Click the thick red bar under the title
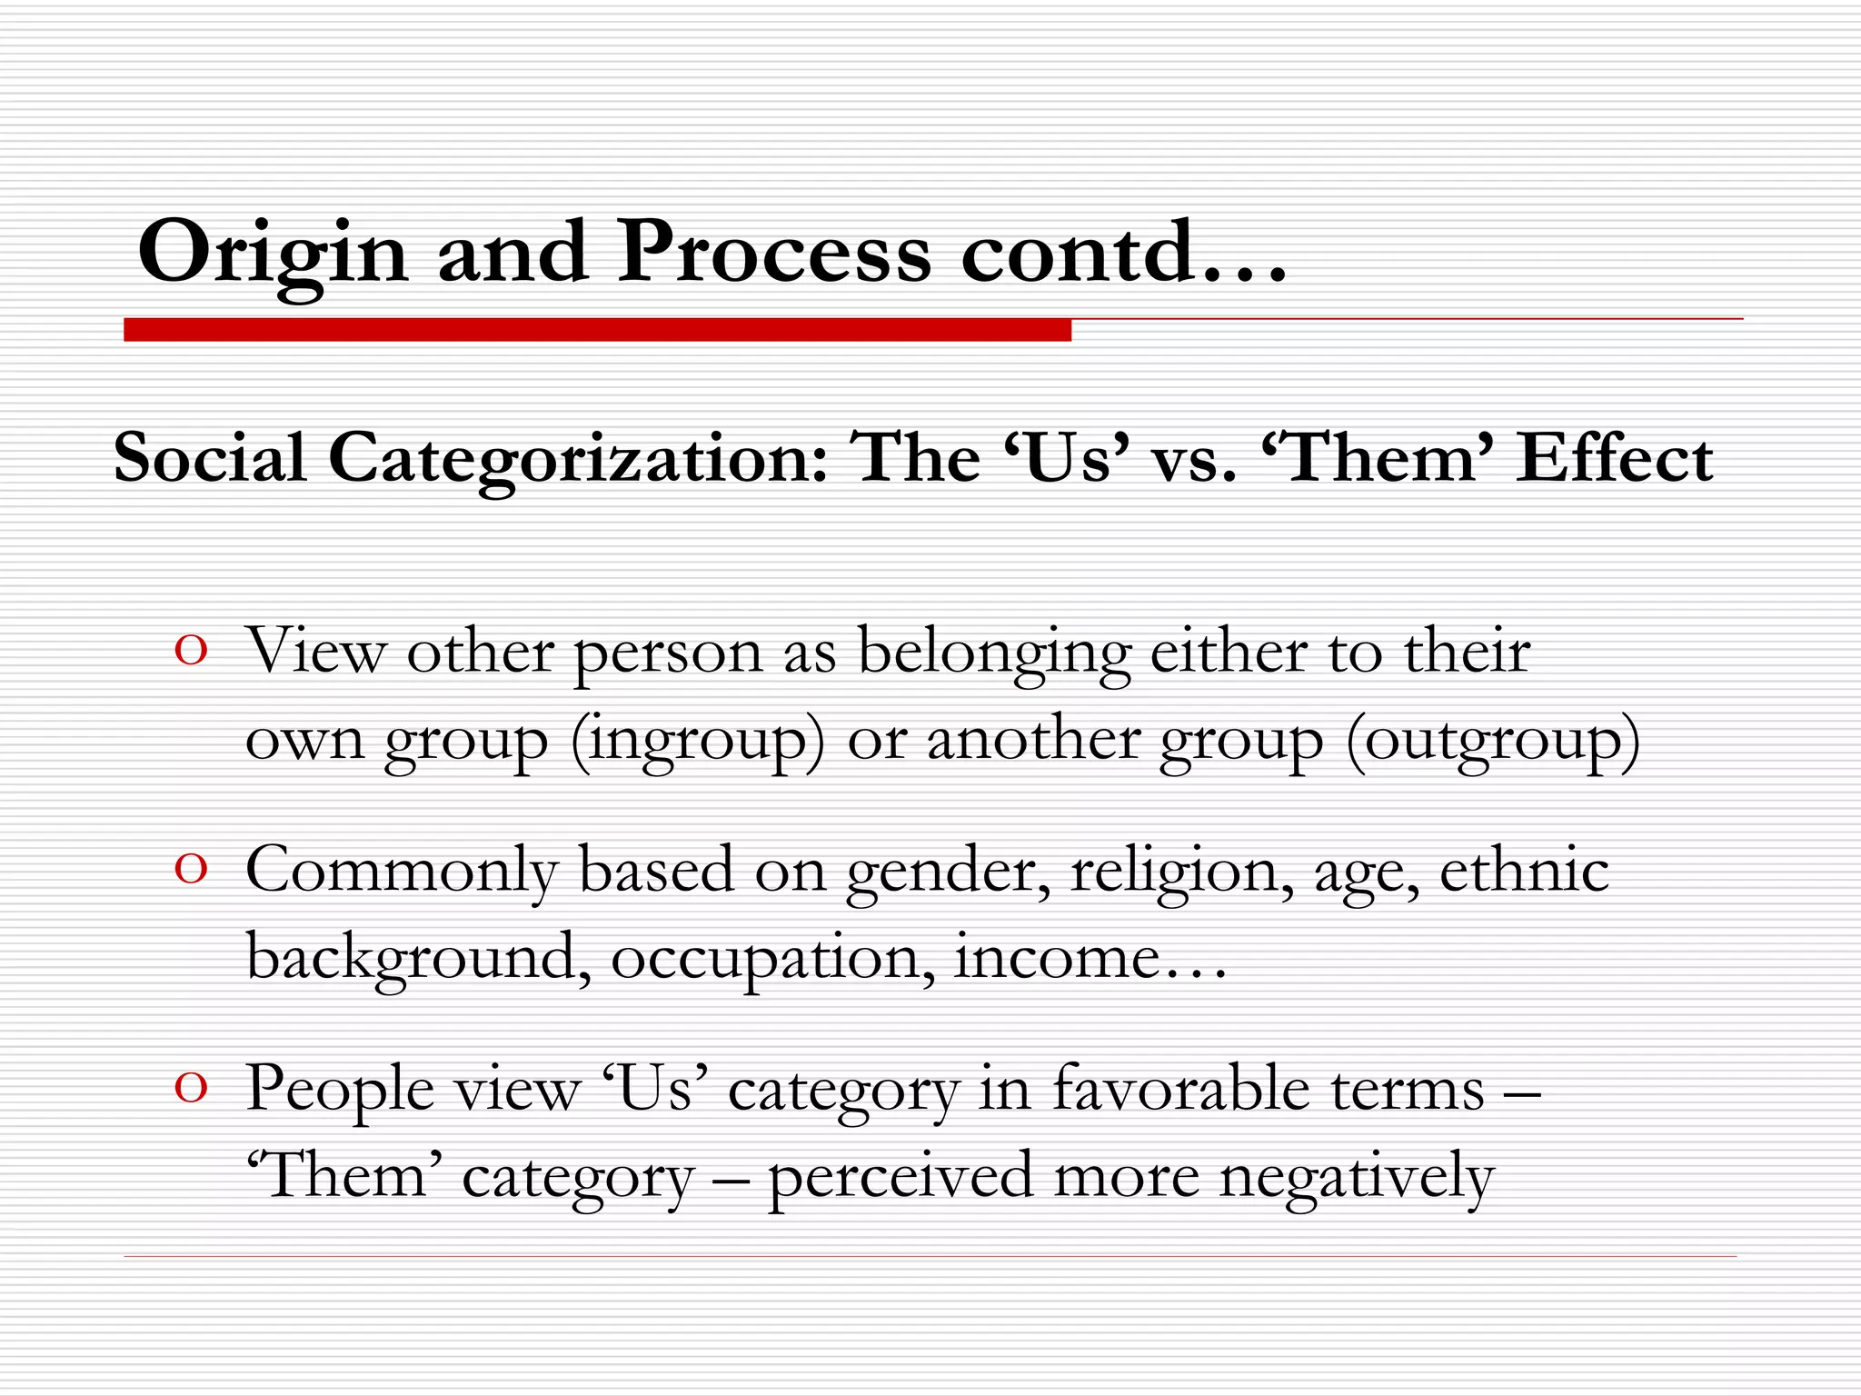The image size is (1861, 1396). point(597,330)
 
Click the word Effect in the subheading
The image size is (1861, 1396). point(1615,457)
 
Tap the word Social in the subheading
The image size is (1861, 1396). point(210,457)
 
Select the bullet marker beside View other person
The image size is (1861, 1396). point(191,651)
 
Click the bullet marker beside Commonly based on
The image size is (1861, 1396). point(191,870)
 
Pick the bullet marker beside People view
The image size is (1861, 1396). point(191,1088)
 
